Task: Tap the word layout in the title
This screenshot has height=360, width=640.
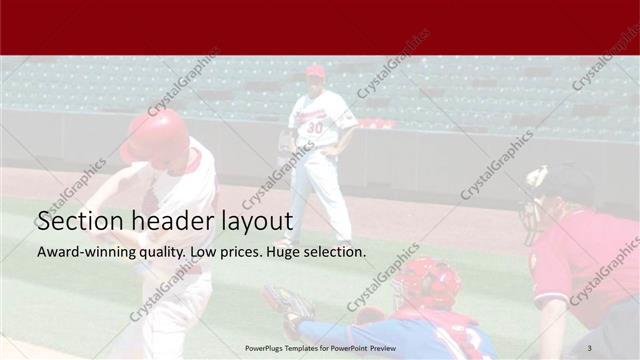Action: (x=257, y=221)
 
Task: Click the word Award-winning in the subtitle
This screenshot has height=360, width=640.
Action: (x=82, y=251)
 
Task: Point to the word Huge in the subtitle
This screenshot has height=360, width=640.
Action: (x=284, y=251)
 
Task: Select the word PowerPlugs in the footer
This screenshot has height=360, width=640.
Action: (x=267, y=348)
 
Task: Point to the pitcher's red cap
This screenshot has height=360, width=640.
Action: (x=315, y=71)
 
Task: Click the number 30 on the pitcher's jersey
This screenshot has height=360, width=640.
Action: (x=314, y=127)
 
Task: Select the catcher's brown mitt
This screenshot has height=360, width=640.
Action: (x=289, y=302)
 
